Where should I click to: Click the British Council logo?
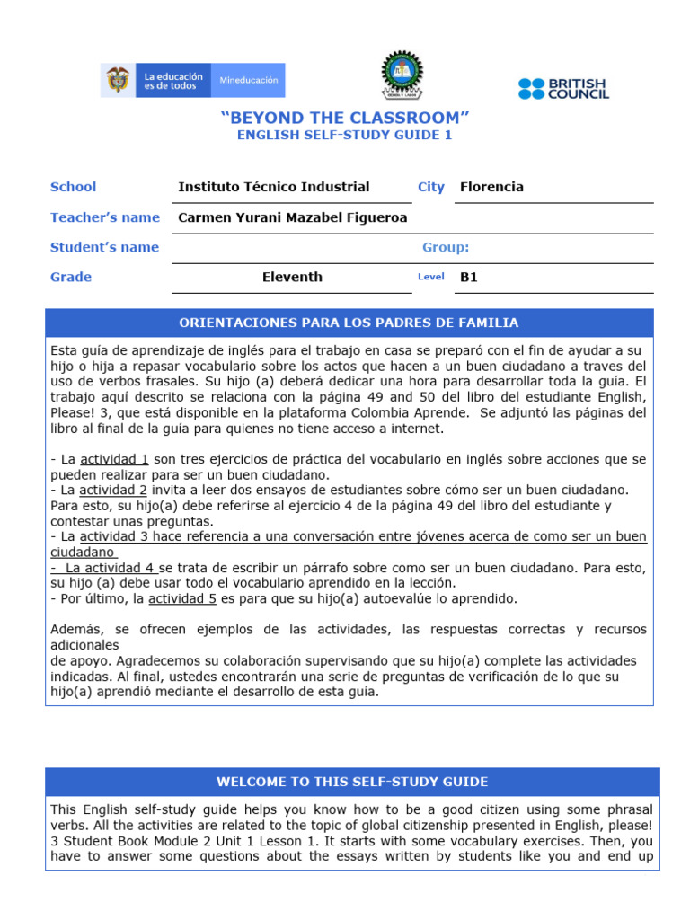click(x=563, y=88)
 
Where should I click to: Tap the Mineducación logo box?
click(x=249, y=80)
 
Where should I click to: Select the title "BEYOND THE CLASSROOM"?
click(x=345, y=118)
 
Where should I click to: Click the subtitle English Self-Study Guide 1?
click(x=345, y=136)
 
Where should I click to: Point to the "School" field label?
click(x=73, y=187)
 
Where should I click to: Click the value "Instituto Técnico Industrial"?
click(x=274, y=187)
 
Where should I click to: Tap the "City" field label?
click(x=431, y=187)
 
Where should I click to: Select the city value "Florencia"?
click(x=491, y=187)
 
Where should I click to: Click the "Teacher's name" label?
click(x=105, y=217)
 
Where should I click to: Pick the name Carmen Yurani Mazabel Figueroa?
click(x=293, y=217)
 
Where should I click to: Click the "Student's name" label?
click(x=104, y=247)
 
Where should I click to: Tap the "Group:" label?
click(x=446, y=247)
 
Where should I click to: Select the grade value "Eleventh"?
click(x=292, y=277)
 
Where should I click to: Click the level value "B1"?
click(x=469, y=277)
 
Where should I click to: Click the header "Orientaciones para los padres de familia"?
click(x=349, y=323)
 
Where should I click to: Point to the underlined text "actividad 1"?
click(x=114, y=459)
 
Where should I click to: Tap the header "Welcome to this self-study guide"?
click(x=352, y=782)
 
